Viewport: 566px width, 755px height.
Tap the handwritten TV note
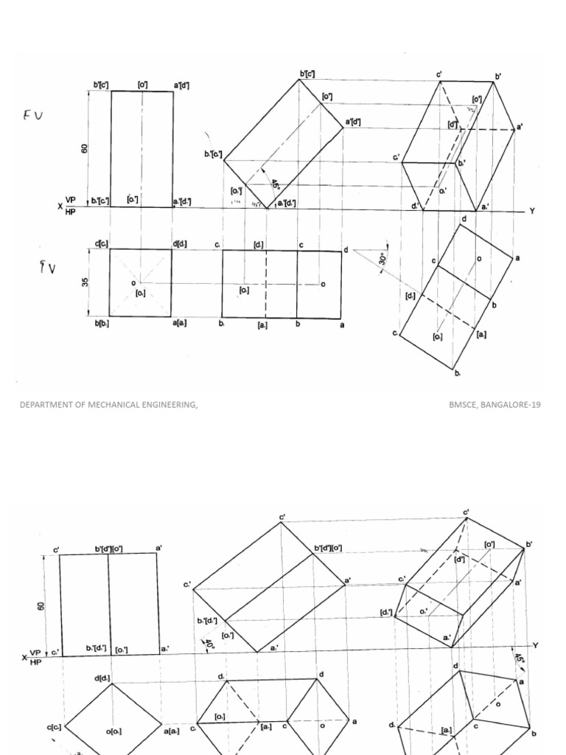[46, 268]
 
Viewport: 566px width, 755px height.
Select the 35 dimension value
[86, 282]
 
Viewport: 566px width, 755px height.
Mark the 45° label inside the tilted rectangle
[275, 186]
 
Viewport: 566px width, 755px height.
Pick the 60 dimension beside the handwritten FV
[85, 147]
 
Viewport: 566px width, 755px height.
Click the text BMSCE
[464, 405]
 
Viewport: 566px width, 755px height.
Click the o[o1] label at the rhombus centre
[113, 731]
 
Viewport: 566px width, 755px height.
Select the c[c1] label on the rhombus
[55, 727]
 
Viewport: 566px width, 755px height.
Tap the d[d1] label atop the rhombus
[102, 678]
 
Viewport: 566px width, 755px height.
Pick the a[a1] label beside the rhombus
[172, 730]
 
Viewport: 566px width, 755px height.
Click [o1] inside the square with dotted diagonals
[141, 293]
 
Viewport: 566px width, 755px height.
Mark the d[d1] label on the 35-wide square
[181, 244]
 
